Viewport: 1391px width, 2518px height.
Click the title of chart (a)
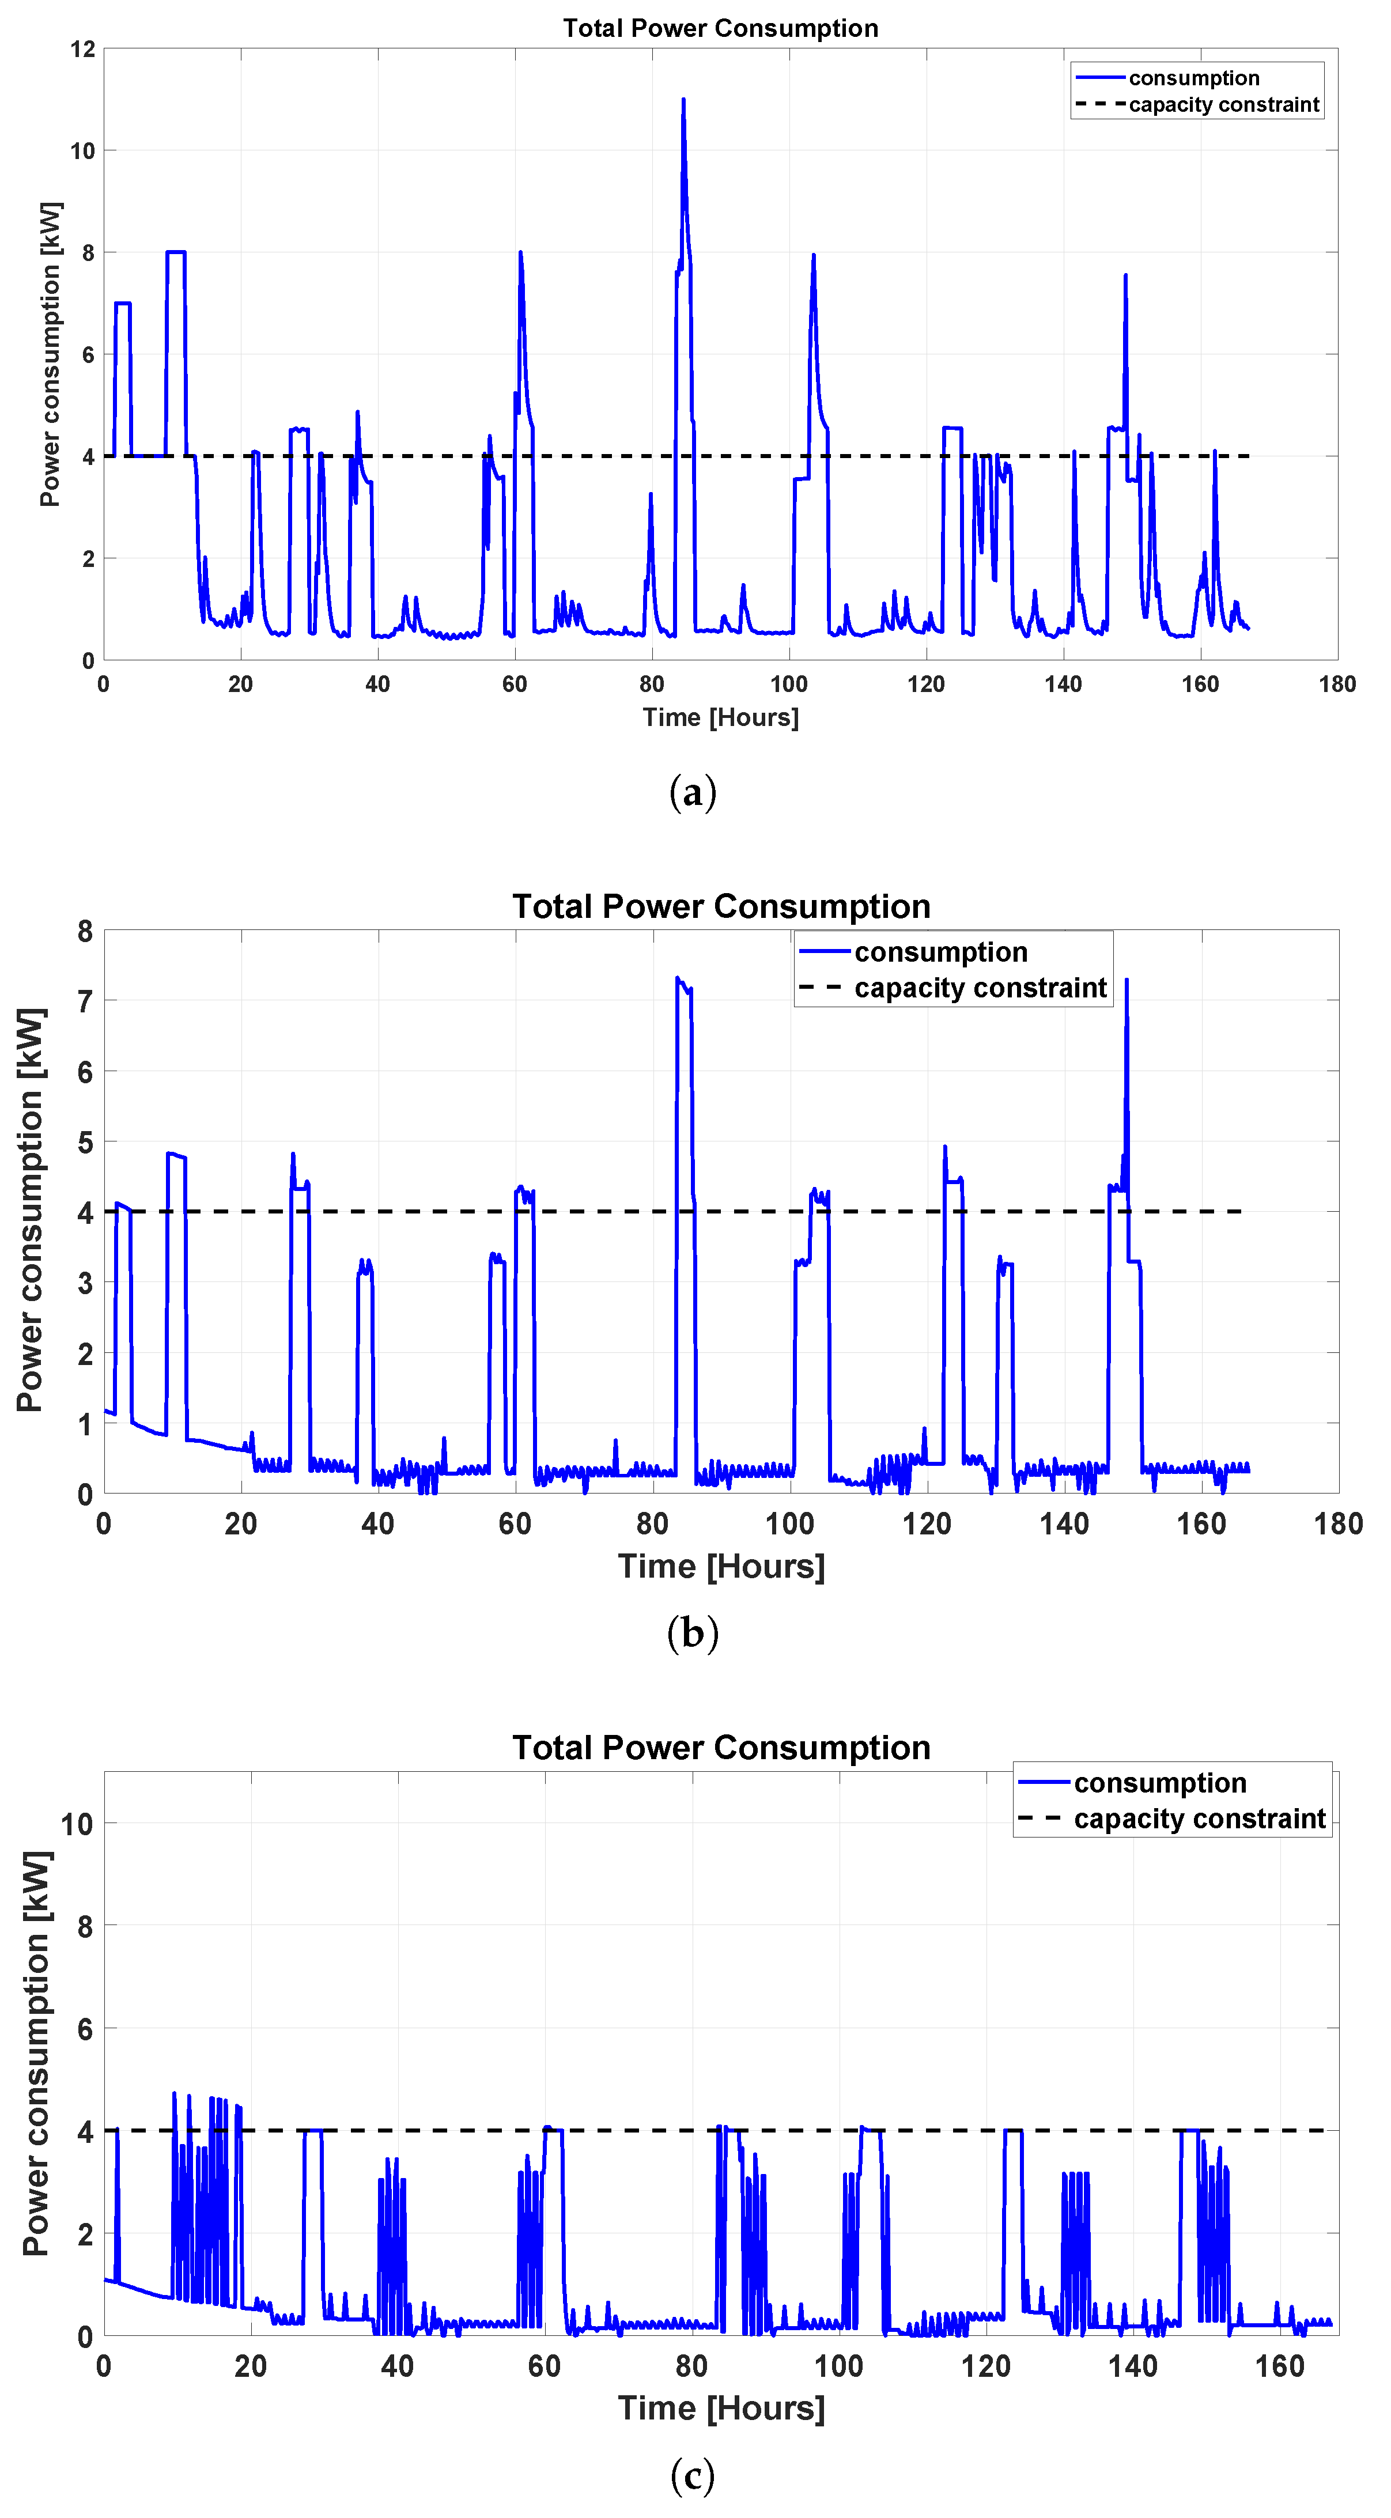pos(720,28)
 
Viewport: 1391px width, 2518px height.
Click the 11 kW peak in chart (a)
pos(683,101)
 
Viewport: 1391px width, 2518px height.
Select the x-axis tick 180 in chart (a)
pos(1336,685)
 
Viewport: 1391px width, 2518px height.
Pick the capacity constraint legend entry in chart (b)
pos(980,988)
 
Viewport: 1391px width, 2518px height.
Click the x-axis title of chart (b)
pos(720,1566)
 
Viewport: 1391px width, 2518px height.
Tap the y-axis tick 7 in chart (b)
pos(85,1001)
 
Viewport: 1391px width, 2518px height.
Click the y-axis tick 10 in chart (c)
pos(76,1824)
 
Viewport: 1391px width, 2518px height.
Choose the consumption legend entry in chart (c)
pos(1159,1783)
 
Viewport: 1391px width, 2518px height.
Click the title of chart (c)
pos(720,1748)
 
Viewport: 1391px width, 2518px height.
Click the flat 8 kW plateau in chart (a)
pos(176,252)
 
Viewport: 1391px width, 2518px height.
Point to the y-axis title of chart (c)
pos(36,2052)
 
